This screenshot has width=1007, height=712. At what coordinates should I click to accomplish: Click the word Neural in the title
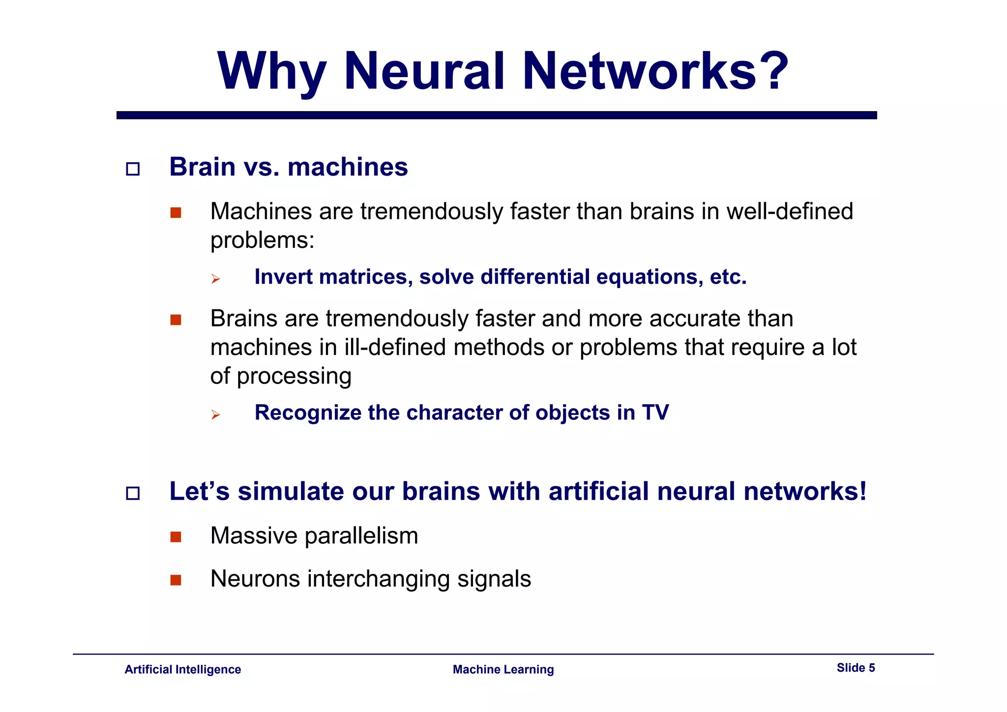click(424, 71)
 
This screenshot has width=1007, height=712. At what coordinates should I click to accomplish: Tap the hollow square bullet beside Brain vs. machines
click(133, 169)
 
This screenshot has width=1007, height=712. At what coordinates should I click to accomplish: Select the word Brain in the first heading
click(202, 167)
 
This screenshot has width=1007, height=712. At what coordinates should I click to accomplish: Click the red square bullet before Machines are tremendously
click(176, 213)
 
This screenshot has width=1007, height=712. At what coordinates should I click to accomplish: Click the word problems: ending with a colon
click(262, 240)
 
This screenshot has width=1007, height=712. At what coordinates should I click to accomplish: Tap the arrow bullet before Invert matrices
click(215, 279)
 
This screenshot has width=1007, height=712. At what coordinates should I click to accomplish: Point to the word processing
click(294, 377)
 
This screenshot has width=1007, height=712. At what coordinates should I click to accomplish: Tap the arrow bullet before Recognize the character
click(215, 415)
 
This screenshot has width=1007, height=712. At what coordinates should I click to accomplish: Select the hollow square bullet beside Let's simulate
click(133, 493)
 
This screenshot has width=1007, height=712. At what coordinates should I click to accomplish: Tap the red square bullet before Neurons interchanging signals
click(176, 580)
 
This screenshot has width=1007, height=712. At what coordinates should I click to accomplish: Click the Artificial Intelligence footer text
click(182, 669)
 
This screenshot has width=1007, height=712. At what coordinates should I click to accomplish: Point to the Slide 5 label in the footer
click(856, 668)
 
